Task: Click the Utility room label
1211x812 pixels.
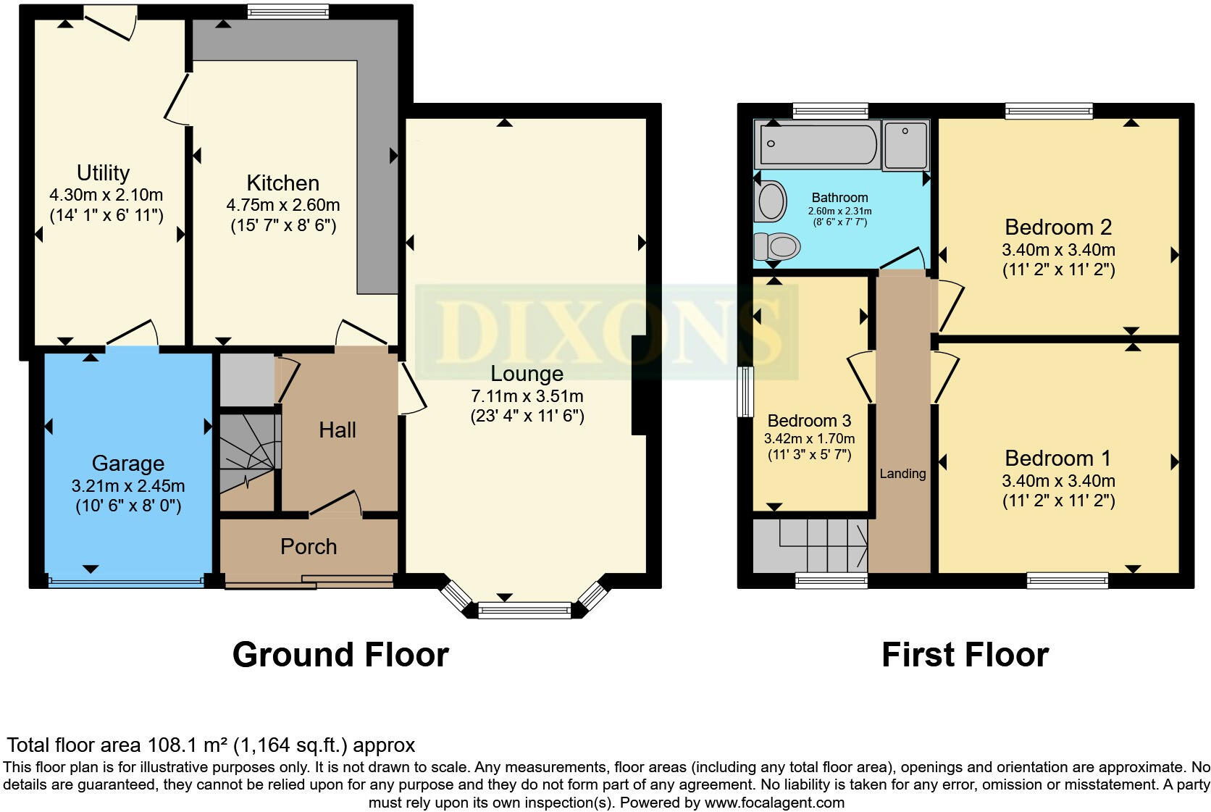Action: point(103,173)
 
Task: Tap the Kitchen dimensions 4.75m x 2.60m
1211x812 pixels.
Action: point(282,205)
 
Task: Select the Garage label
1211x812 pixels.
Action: point(127,464)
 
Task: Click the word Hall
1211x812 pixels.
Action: point(338,430)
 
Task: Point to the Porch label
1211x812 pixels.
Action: point(309,547)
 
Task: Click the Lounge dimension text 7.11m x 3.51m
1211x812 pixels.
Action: point(527,396)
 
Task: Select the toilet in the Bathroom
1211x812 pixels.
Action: point(777,247)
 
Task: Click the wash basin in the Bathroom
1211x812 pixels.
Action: point(770,201)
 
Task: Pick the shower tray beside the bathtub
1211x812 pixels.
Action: point(905,145)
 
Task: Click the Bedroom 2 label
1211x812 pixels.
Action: point(1057,227)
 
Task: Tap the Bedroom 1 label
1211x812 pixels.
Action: point(1057,459)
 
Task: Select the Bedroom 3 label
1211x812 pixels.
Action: point(809,421)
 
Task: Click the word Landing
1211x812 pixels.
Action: point(902,474)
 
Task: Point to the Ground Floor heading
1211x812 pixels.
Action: point(340,655)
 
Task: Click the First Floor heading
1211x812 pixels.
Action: point(965,655)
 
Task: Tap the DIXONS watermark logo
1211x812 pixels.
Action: point(607,332)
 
